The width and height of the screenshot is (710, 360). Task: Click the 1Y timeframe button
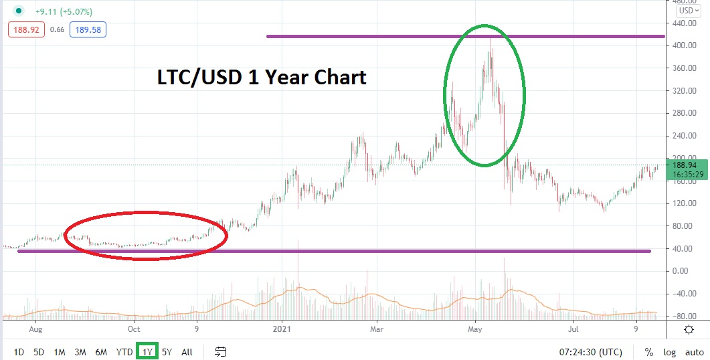(147, 351)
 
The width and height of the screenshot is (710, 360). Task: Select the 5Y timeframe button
(167, 352)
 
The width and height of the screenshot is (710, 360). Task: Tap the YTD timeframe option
(124, 352)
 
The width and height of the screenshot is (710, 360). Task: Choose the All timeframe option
(187, 352)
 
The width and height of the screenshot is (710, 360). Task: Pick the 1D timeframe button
(19, 352)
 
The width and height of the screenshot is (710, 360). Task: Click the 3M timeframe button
(80, 352)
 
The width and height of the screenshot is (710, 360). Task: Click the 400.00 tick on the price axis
(684, 46)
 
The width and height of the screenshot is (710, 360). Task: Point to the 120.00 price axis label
(684, 203)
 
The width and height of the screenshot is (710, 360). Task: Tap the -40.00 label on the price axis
(684, 293)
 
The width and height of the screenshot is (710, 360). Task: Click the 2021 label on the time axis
(282, 329)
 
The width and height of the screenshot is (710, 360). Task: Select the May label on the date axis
(475, 329)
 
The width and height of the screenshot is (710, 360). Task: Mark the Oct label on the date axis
(134, 329)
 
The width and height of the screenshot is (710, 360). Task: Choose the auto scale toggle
(693, 352)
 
